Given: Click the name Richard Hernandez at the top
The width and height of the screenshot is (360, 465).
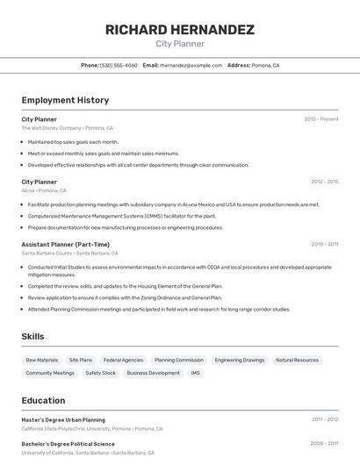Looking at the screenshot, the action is (180, 30).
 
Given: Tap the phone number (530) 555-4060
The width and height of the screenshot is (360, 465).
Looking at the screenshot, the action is (119, 65).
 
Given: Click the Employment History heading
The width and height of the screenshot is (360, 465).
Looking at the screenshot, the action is (65, 100).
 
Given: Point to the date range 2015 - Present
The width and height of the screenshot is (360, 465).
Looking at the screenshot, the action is (320, 118).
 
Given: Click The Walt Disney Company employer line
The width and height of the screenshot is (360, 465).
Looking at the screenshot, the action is (68, 128).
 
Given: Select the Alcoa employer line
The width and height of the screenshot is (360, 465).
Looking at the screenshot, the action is (44, 190).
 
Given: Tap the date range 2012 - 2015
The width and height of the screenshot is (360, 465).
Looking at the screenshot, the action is (324, 182).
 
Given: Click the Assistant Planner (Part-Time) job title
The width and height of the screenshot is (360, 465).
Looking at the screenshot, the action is (66, 244).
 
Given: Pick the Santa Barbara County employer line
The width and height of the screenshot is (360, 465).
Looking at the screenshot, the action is (70, 253).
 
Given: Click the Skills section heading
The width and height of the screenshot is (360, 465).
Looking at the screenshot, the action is (32, 336).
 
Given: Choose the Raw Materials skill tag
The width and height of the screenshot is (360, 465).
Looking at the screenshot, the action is (42, 360).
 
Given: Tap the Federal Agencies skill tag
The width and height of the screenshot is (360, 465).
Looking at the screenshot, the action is (123, 360).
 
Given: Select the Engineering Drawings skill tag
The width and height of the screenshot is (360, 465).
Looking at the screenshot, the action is (239, 360).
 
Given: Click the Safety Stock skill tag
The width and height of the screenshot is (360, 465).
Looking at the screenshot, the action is (100, 373).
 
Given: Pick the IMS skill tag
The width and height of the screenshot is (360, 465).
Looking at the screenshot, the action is (195, 373).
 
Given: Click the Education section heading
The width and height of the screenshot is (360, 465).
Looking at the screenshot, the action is (43, 400).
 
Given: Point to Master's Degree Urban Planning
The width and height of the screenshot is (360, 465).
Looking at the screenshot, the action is (63, 419).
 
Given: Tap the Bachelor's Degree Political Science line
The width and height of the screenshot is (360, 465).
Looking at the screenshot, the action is (68, 444).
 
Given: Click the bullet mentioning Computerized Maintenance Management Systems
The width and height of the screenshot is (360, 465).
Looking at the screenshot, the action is (121, 216).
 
